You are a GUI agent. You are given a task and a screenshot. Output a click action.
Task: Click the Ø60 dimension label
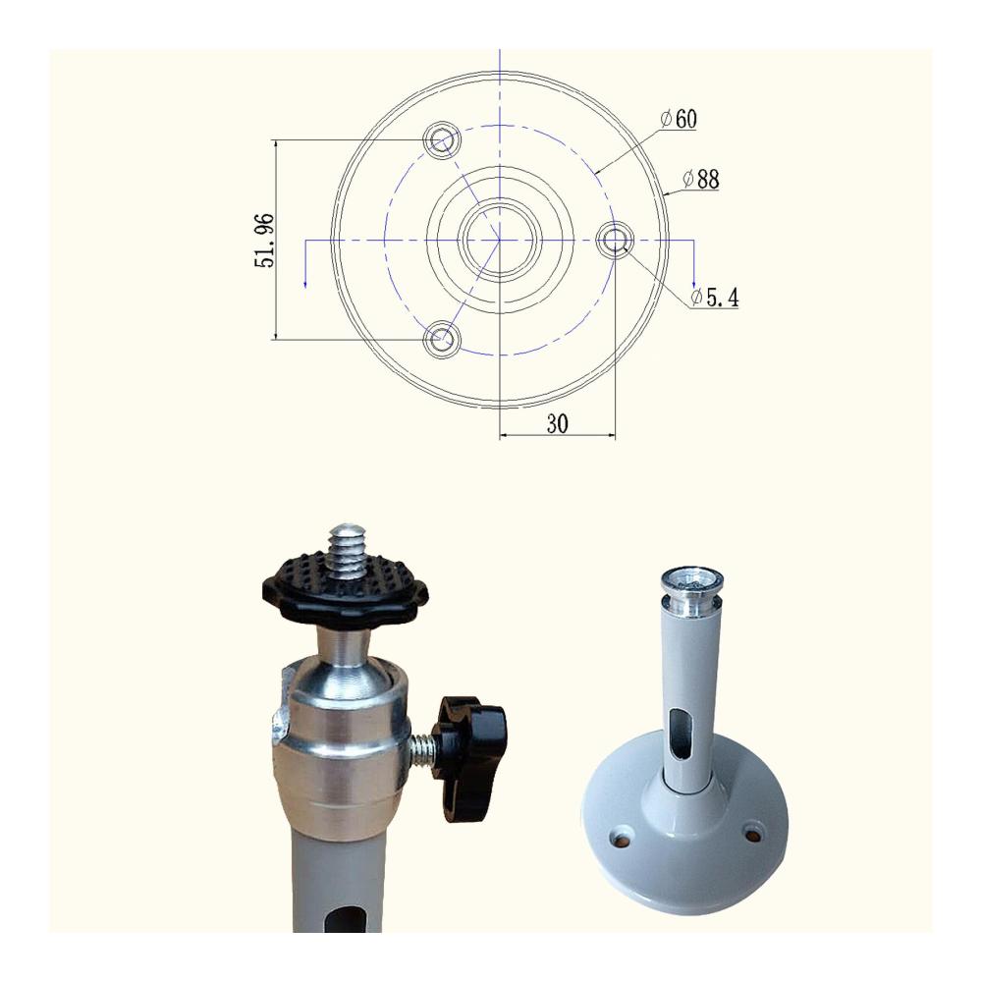679,119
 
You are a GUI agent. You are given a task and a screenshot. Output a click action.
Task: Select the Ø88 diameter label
701,179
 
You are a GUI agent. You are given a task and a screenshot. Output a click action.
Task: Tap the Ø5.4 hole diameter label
715,298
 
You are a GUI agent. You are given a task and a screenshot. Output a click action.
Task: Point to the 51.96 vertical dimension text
264,241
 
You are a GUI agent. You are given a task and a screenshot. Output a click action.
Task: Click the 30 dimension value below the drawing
557,424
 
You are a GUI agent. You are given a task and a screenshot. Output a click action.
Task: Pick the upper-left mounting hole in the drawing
442,140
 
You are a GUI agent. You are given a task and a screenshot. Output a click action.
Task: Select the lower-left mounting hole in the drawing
442,340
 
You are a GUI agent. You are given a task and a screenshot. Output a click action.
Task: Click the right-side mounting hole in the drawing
615,240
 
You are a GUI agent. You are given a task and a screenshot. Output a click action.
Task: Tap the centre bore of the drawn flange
500,240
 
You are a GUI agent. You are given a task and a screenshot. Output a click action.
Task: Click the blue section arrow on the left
305,263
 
